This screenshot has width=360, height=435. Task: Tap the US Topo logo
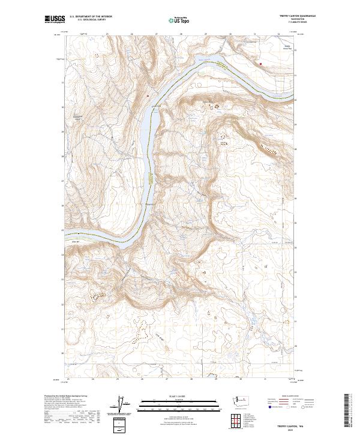(x=173, y=20)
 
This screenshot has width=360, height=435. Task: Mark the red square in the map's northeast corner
(x=261, y=62)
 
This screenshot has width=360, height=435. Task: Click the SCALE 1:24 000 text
(x=173, y=395)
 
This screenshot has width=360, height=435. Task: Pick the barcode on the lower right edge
(x=349, y=410)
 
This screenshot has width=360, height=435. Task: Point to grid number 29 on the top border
(x=206, y=34)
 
